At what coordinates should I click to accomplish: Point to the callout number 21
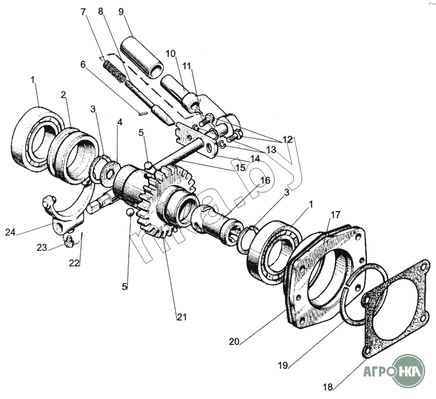[182, 317]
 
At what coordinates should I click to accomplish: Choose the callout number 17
[335, 215]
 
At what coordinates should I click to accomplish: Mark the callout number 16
[264, 181]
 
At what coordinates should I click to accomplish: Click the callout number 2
[63, 95]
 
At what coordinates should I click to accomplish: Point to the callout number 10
[170, 54]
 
